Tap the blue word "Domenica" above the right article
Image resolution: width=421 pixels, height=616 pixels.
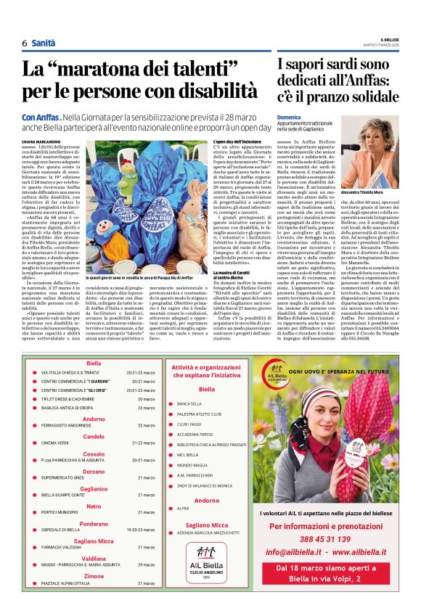click(x=288, y=117)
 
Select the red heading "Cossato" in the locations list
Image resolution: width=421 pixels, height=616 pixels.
click(x=94, y=451)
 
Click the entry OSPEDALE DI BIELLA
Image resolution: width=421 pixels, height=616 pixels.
click(x=61, y=530)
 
